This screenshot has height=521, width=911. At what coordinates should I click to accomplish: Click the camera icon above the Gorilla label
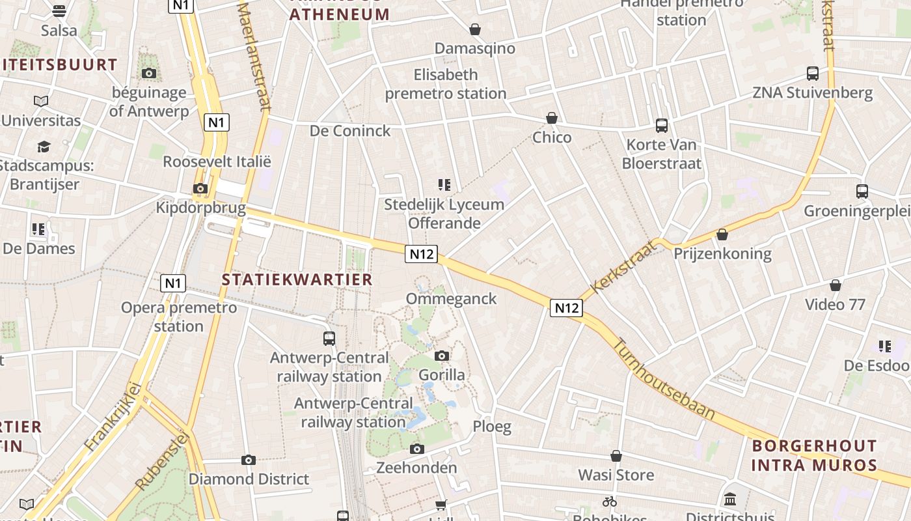coord(442,356)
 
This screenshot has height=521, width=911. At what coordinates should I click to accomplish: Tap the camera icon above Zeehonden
coord(417,449)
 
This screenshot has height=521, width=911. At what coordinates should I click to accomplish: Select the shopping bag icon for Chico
coord(552,118)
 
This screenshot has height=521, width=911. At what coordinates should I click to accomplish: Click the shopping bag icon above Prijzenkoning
coord(722,234)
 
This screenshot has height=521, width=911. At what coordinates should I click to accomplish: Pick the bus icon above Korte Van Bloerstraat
coord(662,125)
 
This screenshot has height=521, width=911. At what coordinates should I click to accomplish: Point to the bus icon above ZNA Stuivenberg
coord(813,73)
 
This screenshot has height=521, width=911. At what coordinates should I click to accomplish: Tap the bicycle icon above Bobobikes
coord(610,501)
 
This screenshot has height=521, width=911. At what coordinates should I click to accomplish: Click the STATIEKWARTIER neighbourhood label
coord(297,279)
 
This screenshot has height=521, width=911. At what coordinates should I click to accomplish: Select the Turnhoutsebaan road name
coord(665,379)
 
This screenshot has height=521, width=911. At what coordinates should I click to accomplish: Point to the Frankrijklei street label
coord(113,417)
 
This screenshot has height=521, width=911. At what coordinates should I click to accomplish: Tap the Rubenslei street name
coord(161,462)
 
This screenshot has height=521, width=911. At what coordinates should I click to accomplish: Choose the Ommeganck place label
coord(451,299)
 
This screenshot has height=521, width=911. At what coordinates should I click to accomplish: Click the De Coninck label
coord(350,131)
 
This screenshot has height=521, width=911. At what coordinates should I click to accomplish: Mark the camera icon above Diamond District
coord(248,460)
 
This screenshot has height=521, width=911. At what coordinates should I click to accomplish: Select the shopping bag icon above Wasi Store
coord(616,456)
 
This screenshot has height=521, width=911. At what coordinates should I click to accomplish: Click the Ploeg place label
coord(492,427)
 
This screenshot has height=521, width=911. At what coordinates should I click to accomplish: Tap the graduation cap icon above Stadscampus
coord(44,147)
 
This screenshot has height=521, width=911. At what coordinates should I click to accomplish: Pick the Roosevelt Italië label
coord(217,162)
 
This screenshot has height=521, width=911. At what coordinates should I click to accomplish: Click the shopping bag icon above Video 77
coord(836,285)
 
